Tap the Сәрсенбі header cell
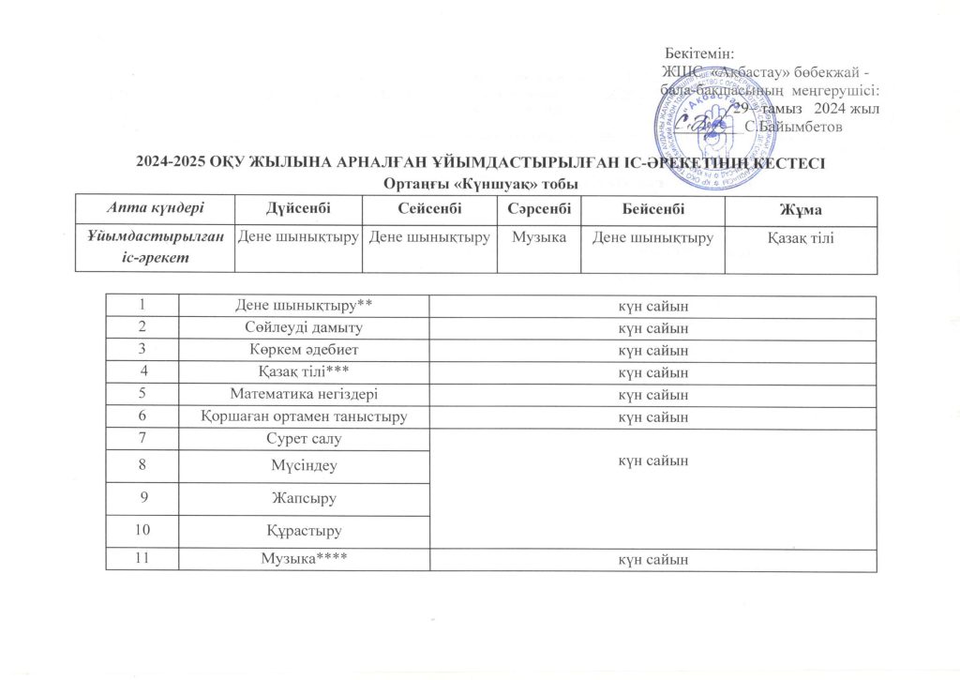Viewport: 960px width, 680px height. point(532,207)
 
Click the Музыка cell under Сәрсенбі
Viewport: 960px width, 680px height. point(532,237)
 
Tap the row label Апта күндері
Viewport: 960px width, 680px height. point(154,207)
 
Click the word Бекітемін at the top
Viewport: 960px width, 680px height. point(699,54)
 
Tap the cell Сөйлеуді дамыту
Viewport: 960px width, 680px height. point(302,328)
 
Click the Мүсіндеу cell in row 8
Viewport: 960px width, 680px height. point(302,463)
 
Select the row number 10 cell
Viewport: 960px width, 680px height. point(142,530)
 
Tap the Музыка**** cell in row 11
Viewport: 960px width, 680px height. point(302,560)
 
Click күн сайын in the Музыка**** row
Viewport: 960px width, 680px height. point(652,560)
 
